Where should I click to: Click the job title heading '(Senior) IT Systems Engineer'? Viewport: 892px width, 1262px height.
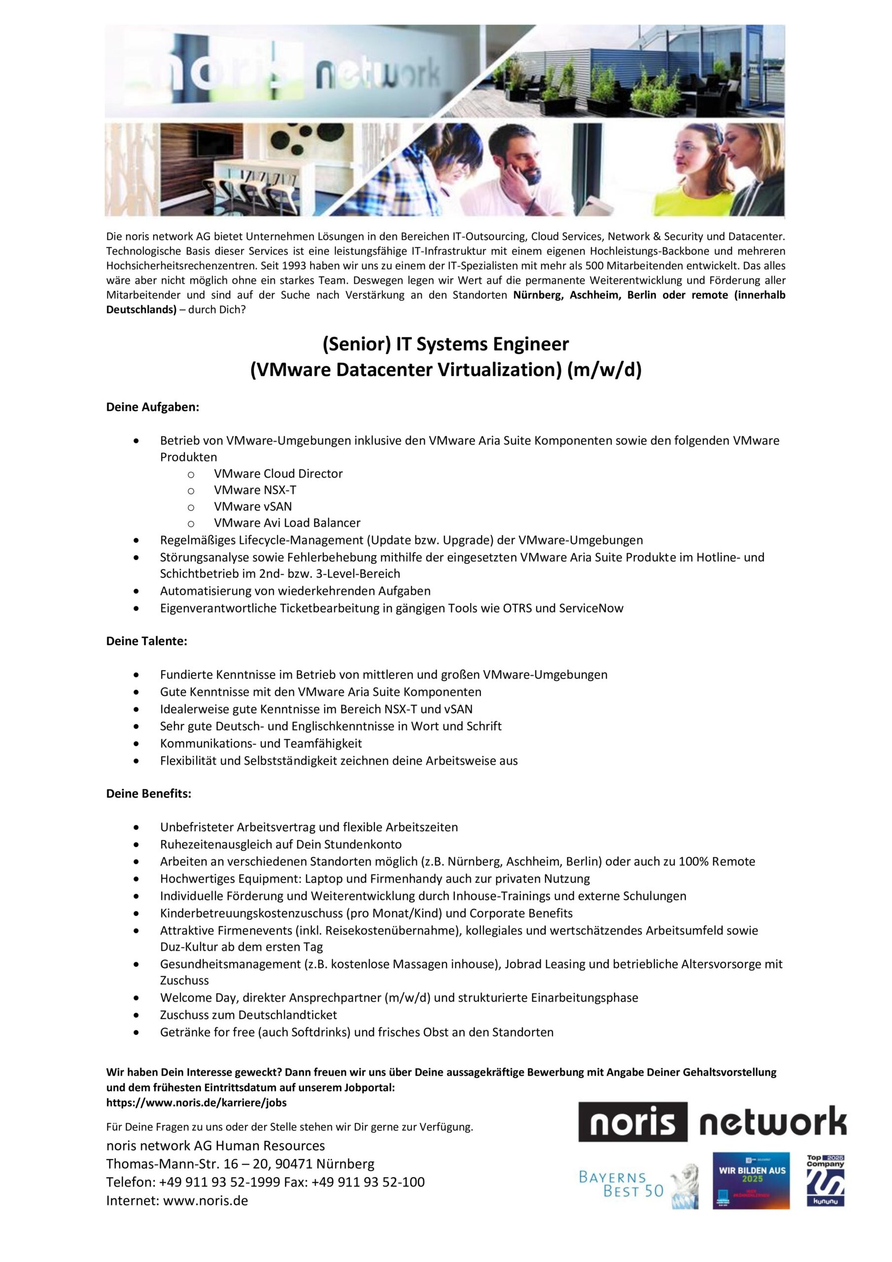[445, 344]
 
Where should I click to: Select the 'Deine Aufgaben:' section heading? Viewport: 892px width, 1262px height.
[152, 407]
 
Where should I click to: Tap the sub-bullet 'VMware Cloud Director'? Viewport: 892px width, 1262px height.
[278, 473]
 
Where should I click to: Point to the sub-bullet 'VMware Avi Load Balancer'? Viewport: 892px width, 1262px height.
[287, 523]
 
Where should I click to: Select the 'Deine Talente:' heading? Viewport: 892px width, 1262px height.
[147, 641]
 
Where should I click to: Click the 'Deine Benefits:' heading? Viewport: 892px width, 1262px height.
[149, 794]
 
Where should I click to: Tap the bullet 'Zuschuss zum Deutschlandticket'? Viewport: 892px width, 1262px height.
[248, 1015]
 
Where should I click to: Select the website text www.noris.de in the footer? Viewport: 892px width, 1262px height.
[206, 1200]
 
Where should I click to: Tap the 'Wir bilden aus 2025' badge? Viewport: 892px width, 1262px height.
[751, 1180]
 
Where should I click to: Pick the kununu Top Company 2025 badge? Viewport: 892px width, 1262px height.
[825, 1180]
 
